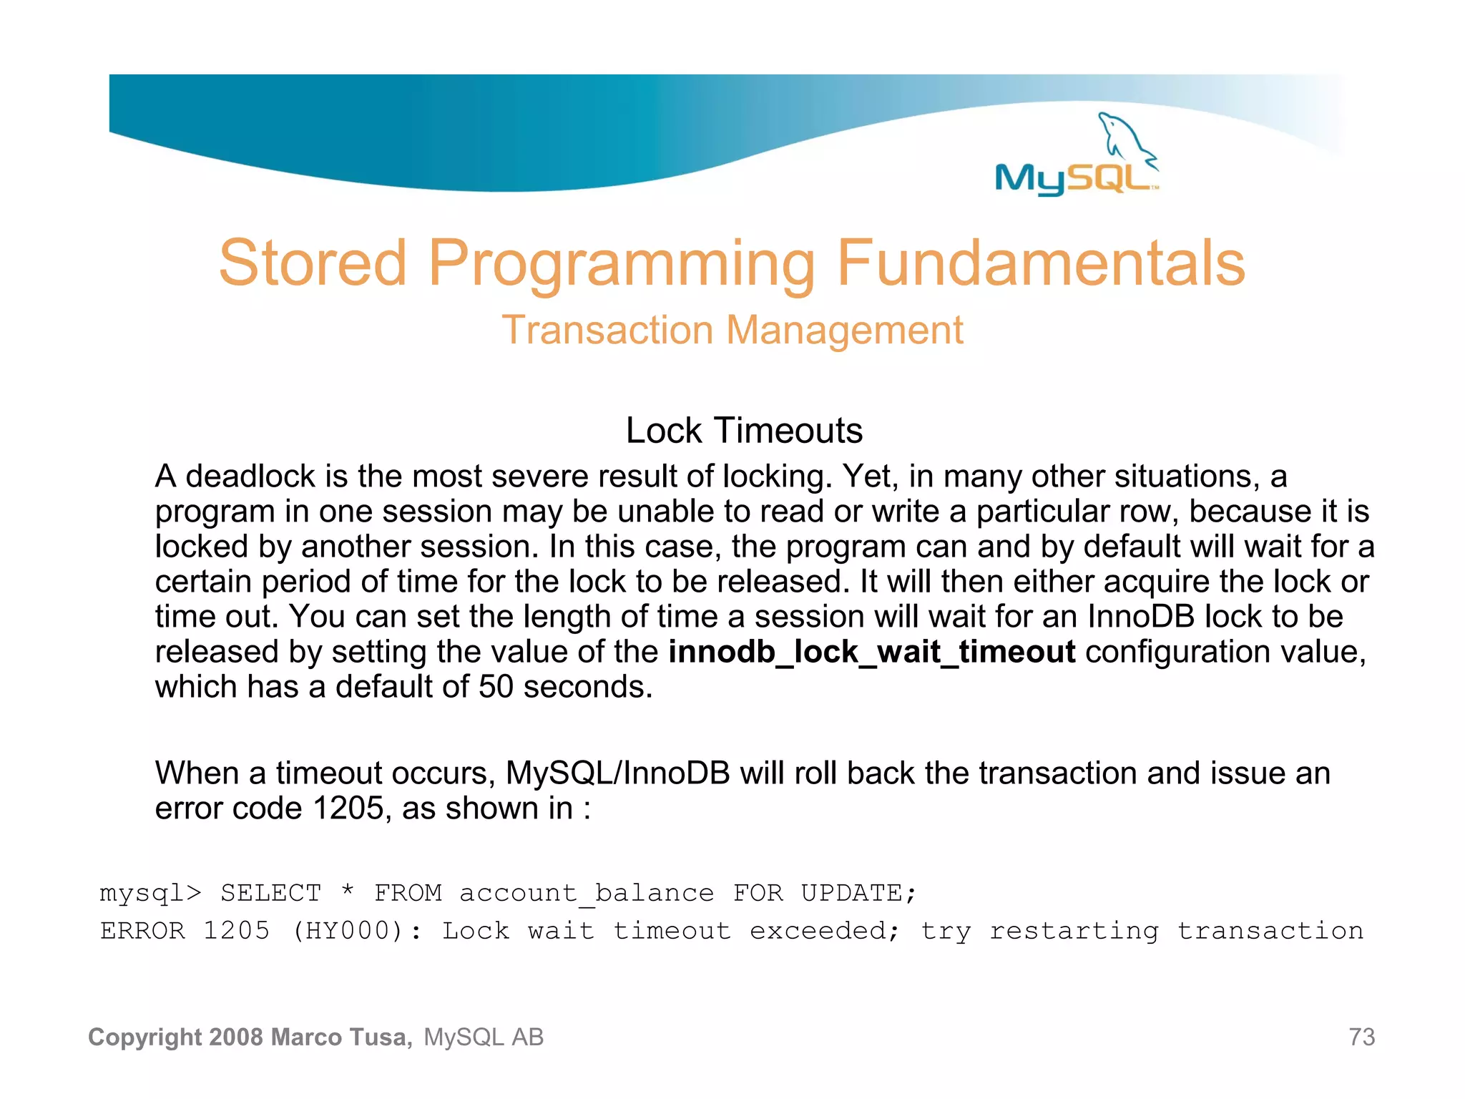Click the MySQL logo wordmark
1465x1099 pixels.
1073,177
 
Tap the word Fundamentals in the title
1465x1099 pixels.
1041,263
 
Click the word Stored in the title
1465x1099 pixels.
313,263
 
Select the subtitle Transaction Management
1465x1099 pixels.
732,331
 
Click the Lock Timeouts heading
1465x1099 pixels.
744,431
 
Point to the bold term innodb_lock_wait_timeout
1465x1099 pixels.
871,652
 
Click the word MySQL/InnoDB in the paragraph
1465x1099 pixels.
617,773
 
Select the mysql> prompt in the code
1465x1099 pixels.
150,893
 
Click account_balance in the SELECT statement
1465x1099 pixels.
586,893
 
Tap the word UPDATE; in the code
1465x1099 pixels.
858,893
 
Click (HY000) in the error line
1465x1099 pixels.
348,931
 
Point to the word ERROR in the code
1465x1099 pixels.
142,931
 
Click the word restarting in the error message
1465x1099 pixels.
1074,931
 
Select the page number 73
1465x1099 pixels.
1361,1037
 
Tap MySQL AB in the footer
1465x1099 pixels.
484,1037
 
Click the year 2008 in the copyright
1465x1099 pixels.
237,1037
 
